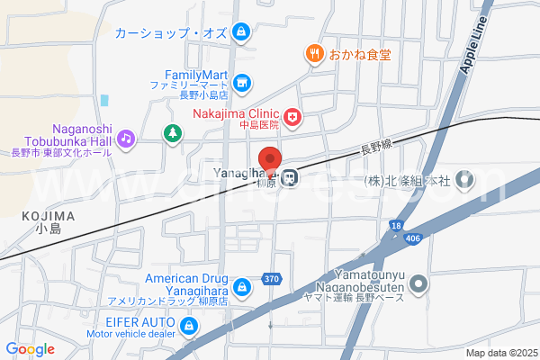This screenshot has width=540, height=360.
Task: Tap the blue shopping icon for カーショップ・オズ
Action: coord(240,33)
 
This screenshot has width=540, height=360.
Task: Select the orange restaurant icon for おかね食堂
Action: coord(314,54)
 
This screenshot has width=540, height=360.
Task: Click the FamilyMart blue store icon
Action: coord(241,84)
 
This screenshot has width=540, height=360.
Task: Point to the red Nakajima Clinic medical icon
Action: coord(292,116)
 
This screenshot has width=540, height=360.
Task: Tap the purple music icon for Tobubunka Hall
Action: coord(127,139)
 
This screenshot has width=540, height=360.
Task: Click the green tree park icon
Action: coord(171,134)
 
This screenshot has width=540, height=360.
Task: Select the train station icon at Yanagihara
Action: coord(289,177)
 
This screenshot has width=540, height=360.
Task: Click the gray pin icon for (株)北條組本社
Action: coord(464,180)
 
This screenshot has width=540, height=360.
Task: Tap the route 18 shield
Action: coord(396,224)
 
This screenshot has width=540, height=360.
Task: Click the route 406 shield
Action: coord(413,238)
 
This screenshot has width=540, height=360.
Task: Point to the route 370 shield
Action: coord(272,279)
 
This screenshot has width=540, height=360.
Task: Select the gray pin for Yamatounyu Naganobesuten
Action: coord(418,287)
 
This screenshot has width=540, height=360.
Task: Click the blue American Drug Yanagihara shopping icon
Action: coord(241,288)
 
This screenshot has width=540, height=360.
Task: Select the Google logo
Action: coord(30,348)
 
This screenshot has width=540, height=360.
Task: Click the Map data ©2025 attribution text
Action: coord(500,353)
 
